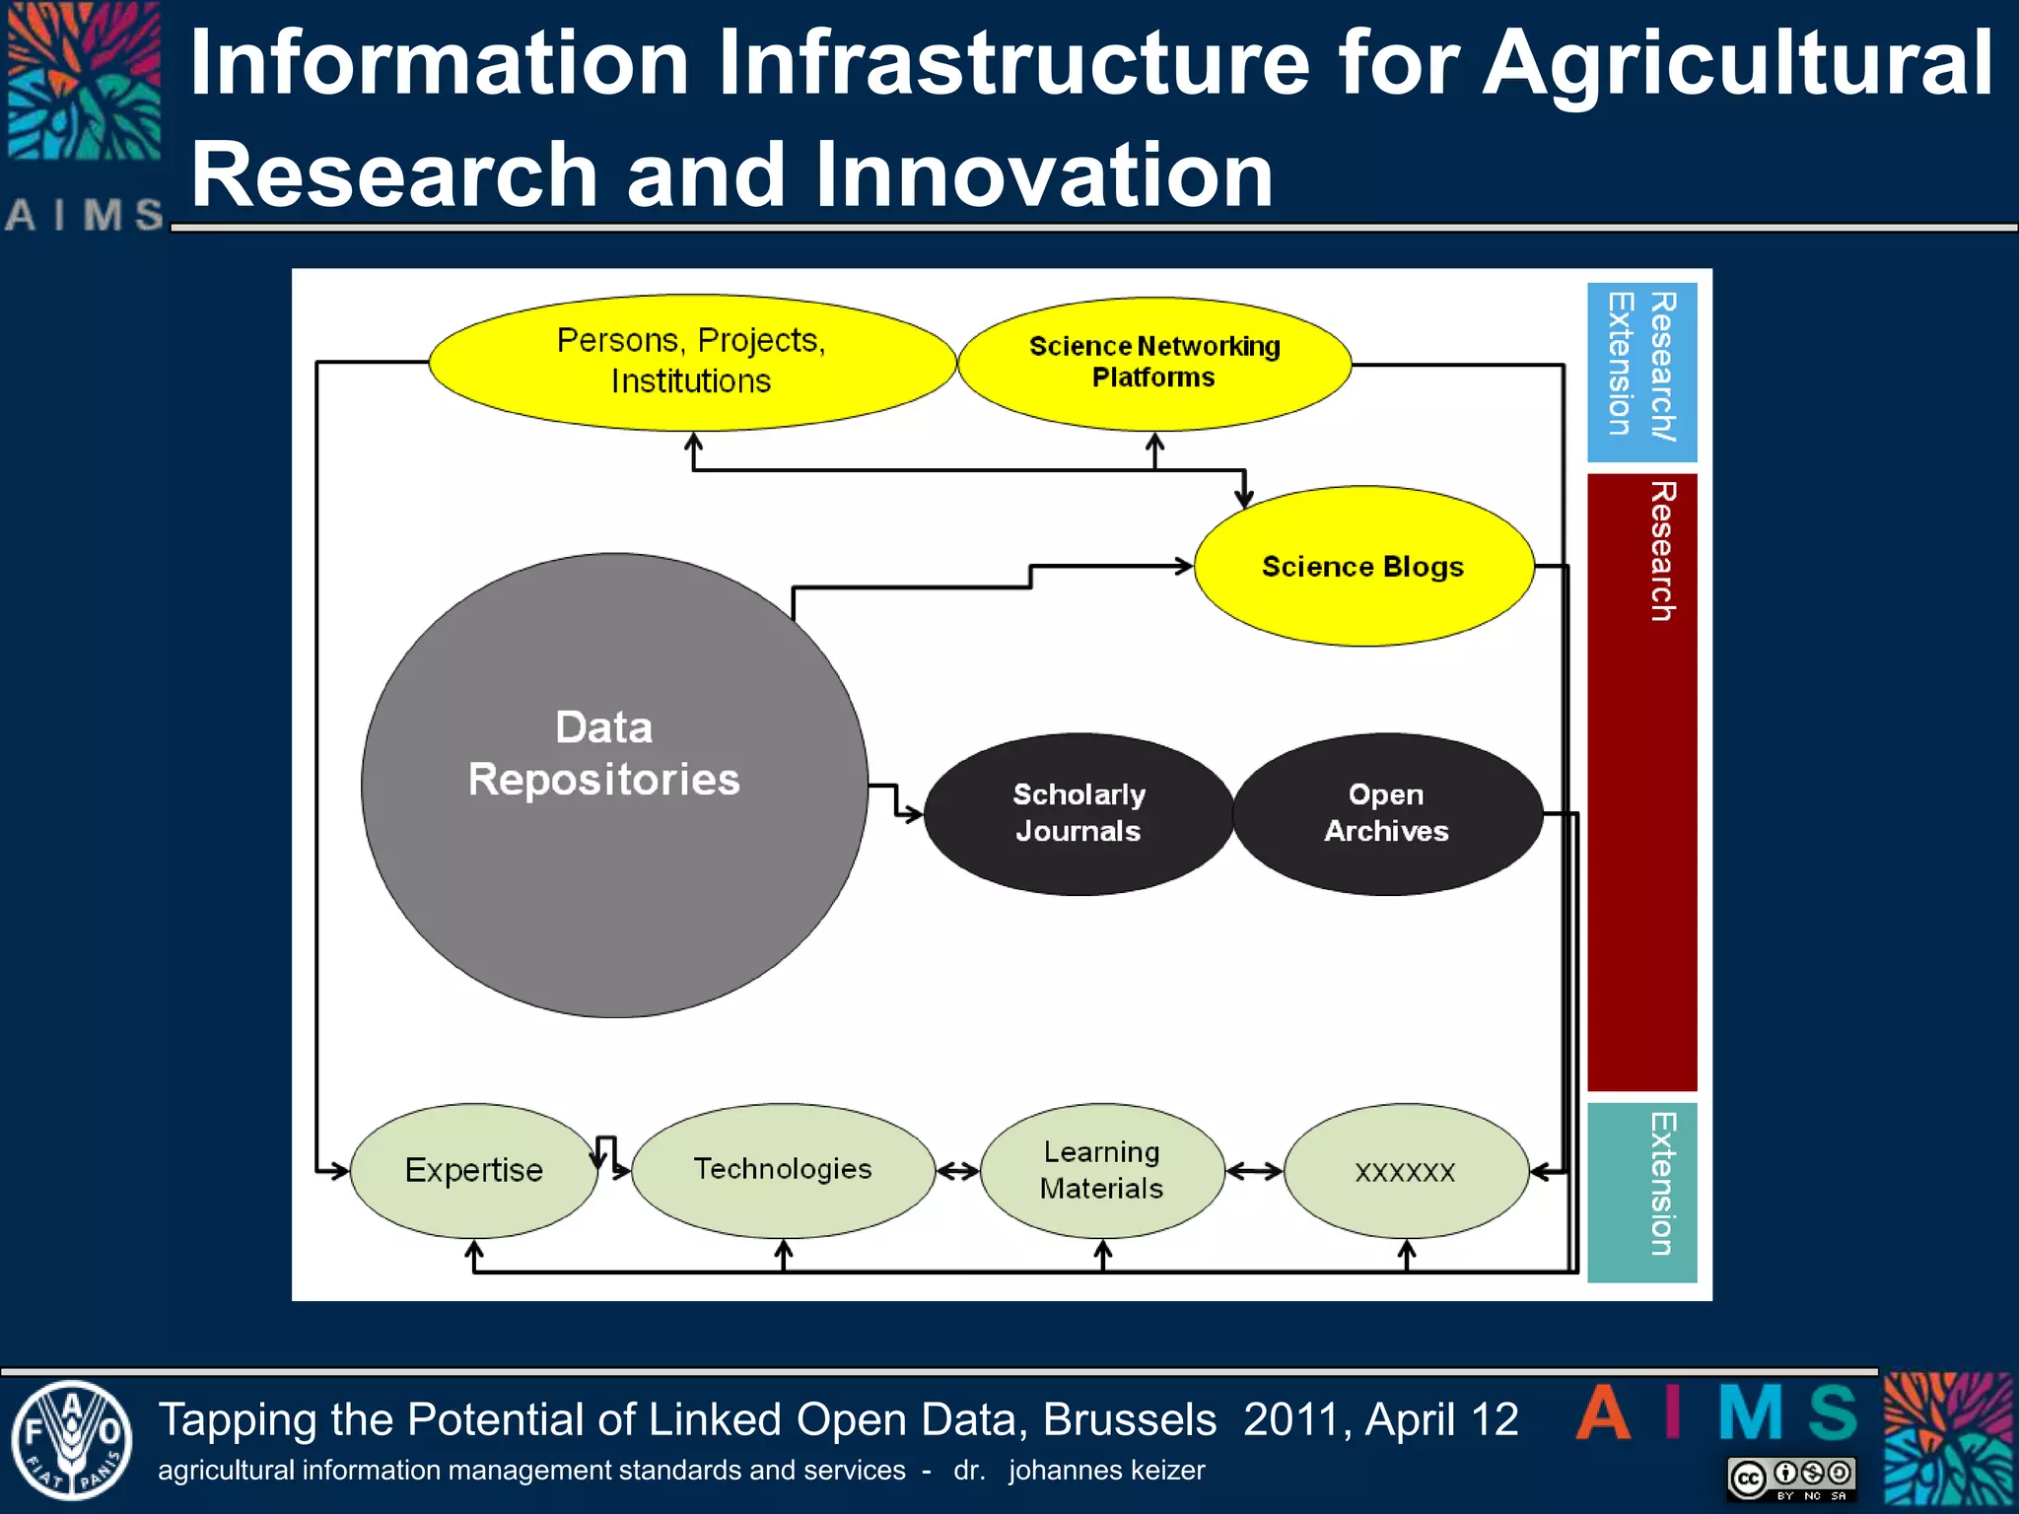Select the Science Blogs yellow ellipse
(x=1363, y=567)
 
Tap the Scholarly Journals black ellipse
(x=1079, y=814)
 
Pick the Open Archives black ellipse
(x=1387, y=814)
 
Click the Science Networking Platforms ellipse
(x=1154, y=363)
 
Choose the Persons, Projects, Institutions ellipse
(x=692, y=362)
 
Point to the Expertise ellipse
(x=473, y=1171)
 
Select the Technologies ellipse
(x=783, y=1170)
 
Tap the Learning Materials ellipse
(x=1102, y=1170)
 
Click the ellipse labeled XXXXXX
(x=1406, y=1171)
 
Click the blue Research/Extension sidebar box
(x=1641, y=372)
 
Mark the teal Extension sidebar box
(x=1641, y=1192)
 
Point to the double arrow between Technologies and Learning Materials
(x=957, y=1171)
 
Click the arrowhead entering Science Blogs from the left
(x=1183, y=567)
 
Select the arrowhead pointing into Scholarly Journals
(x=914, y=815)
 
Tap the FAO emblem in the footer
(x=71, y=1440)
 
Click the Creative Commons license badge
(x=1791, y=1479)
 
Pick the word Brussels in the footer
(x=1130, y=1420)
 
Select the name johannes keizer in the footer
(x=1106, y=1471)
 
